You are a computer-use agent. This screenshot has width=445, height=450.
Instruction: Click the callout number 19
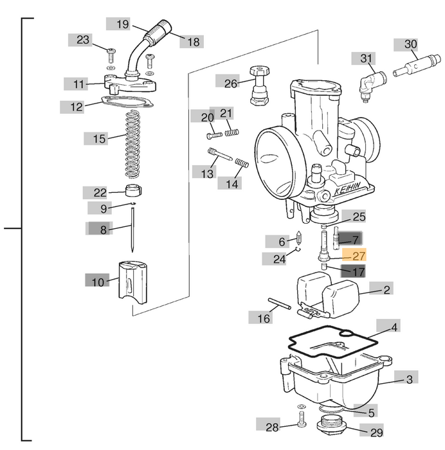tap(122, 24)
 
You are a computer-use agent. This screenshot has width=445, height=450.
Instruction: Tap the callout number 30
tap(410, 44)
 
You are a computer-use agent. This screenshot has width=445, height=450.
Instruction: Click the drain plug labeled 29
tap(333, 425)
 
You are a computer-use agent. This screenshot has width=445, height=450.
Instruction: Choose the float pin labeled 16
tap(280, 304)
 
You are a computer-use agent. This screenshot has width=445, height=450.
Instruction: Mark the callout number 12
tap(77, 107)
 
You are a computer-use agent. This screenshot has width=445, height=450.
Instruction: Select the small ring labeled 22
tap(132, 190)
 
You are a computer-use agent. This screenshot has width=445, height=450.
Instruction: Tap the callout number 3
tap(410, 380)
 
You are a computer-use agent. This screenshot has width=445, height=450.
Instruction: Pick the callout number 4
tap(395, 327)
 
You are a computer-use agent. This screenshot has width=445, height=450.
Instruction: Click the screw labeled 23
tap(111, 50)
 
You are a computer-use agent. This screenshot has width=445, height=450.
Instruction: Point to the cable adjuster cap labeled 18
tap(161, 28)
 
